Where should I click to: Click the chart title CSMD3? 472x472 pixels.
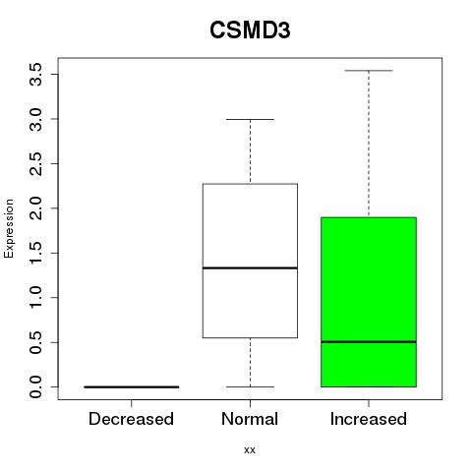pyautogui.click(x=250, y=30)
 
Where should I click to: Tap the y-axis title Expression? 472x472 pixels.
pyautogui.click(x=9, y=228)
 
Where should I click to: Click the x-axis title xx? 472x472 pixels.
pyautogui.click(x=250, y=449)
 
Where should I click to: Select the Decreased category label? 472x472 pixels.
pyautogui.click(x=131, y=419)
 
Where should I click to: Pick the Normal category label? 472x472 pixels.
pyautogui.click(x=250, y=419)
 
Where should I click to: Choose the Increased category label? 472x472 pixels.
pyautogui.click(x=369, y=419)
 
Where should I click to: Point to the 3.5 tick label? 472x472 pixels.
pyautogui.click(x=35, y=75)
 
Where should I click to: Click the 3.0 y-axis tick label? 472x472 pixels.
pyautogui.click(x=35, y=119)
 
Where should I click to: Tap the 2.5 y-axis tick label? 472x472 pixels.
pyautogui.click(x=35, y=164)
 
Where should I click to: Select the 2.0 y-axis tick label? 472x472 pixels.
pyautogui.click(x=35, y=208)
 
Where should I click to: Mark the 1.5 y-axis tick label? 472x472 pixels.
pyautogui.click(x=35, y=253)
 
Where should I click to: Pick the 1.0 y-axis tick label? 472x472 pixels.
pyautogui.click(x=35, y=298)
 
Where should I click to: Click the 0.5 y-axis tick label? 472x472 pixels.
pyautogui.click(x=35, y=342)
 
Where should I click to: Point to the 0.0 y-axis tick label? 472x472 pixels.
pyautogui.click(x=35, y=387)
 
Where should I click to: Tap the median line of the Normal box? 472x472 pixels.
pyautogui.click(x=250, y=268)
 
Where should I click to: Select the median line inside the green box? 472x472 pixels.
pyautogui.click(x=369, y=342)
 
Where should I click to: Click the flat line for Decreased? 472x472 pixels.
pyautogui.click(x=132, y=387)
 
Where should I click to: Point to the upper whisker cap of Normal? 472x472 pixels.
pyautogui.click(x=250, y=119)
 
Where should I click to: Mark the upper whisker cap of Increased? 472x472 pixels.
pyautogui.click(x=369, y=71)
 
